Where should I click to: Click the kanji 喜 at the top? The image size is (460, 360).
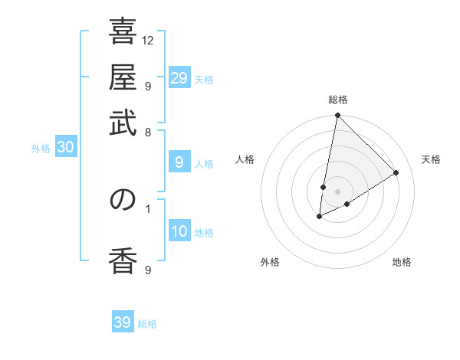click(x=123, y=33)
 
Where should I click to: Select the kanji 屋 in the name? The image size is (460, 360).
click(x=123, y=78)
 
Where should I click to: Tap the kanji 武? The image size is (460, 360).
click(x=123, y=123)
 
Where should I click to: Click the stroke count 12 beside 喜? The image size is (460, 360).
click(x=149, y=40)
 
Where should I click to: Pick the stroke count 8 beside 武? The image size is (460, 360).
click(x=148, y=132)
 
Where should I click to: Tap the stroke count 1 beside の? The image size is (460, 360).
click(x=148, y=208)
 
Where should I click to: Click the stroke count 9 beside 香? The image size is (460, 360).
click(x=148, y=270)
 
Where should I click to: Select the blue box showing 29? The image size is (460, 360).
click(x=179, y=78)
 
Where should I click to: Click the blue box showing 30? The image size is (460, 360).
click(x=65, y=148)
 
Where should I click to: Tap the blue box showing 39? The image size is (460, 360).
click(x=122, y=322)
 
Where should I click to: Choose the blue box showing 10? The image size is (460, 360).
click(x=179, y=231)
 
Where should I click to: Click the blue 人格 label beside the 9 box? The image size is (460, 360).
click(x=204, y=163)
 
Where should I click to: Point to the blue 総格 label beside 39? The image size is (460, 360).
click(x=147, y=324)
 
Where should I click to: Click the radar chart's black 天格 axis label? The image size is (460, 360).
click(x=431, y=159)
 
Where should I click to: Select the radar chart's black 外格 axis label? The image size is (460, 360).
click(x=269, y=262)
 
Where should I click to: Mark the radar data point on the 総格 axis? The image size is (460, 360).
click(x=337, y=116)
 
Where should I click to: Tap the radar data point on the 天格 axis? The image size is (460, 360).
click(x=396, y=173)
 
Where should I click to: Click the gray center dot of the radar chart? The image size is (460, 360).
click(x=337, y=191)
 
